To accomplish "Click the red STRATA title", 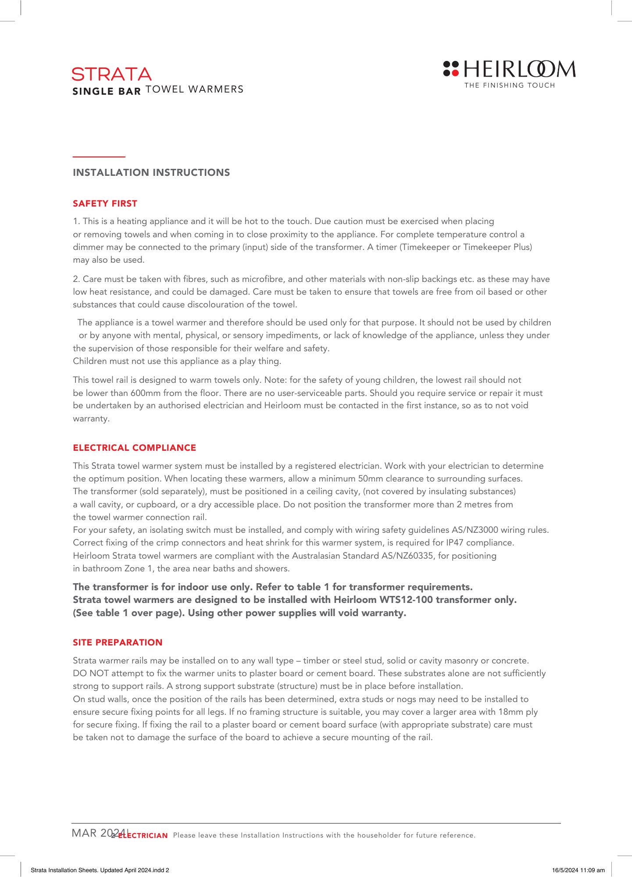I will [x=111, y=75].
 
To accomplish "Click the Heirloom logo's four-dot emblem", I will [x=451, y=68].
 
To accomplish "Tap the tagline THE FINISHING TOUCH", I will [x=510, y=86].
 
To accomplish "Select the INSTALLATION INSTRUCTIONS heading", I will [x=151, y=173].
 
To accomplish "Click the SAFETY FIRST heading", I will [x=105, y=203].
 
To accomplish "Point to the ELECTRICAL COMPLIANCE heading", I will [x=135, y=448].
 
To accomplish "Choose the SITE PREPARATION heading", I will [x=118, y=642].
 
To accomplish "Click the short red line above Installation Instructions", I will [x=99, y=157].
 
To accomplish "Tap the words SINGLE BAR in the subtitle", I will [x=107, y=91].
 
